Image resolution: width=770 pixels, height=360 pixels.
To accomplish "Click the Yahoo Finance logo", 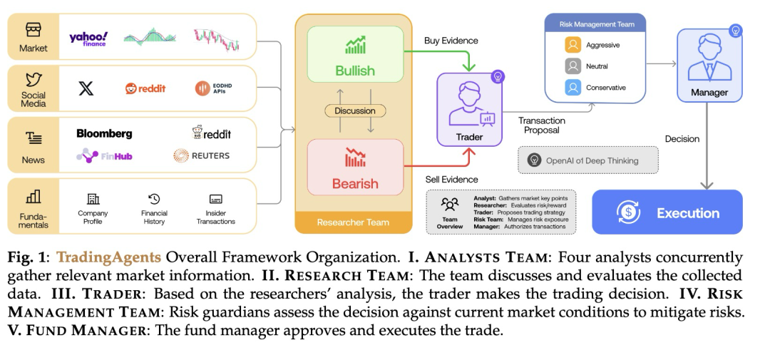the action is (88, 38).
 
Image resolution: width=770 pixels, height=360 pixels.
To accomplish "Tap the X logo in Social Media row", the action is (86, 88).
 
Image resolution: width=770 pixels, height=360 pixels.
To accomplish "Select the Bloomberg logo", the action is (104, 133).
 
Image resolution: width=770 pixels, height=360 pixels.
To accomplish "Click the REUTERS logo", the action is (201, 155).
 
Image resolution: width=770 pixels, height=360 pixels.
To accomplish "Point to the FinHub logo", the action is (104, 155).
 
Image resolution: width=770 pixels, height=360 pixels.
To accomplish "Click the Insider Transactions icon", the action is (215, 199).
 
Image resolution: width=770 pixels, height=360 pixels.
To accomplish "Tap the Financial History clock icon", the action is (154, 199).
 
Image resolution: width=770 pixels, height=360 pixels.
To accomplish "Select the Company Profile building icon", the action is (93, 199).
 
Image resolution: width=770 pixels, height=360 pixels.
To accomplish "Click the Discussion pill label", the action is (355, 111).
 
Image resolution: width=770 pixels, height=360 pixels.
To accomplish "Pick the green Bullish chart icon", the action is (355, 45).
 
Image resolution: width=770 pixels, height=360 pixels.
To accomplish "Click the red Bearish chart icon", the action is (355, 157).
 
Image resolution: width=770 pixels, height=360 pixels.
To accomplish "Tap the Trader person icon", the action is (469, 103).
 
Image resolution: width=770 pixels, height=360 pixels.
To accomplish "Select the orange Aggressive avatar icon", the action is (573, 45).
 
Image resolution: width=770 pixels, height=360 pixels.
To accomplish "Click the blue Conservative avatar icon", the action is (573, 88).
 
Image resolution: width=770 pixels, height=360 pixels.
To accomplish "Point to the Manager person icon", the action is (709, 58).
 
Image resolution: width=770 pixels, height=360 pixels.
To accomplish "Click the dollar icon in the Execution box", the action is (629, 212).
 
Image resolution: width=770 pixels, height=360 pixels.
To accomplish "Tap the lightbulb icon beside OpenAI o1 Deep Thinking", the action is (533, 160).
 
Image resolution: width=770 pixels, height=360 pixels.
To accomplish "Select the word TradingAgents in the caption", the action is (108, 257).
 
